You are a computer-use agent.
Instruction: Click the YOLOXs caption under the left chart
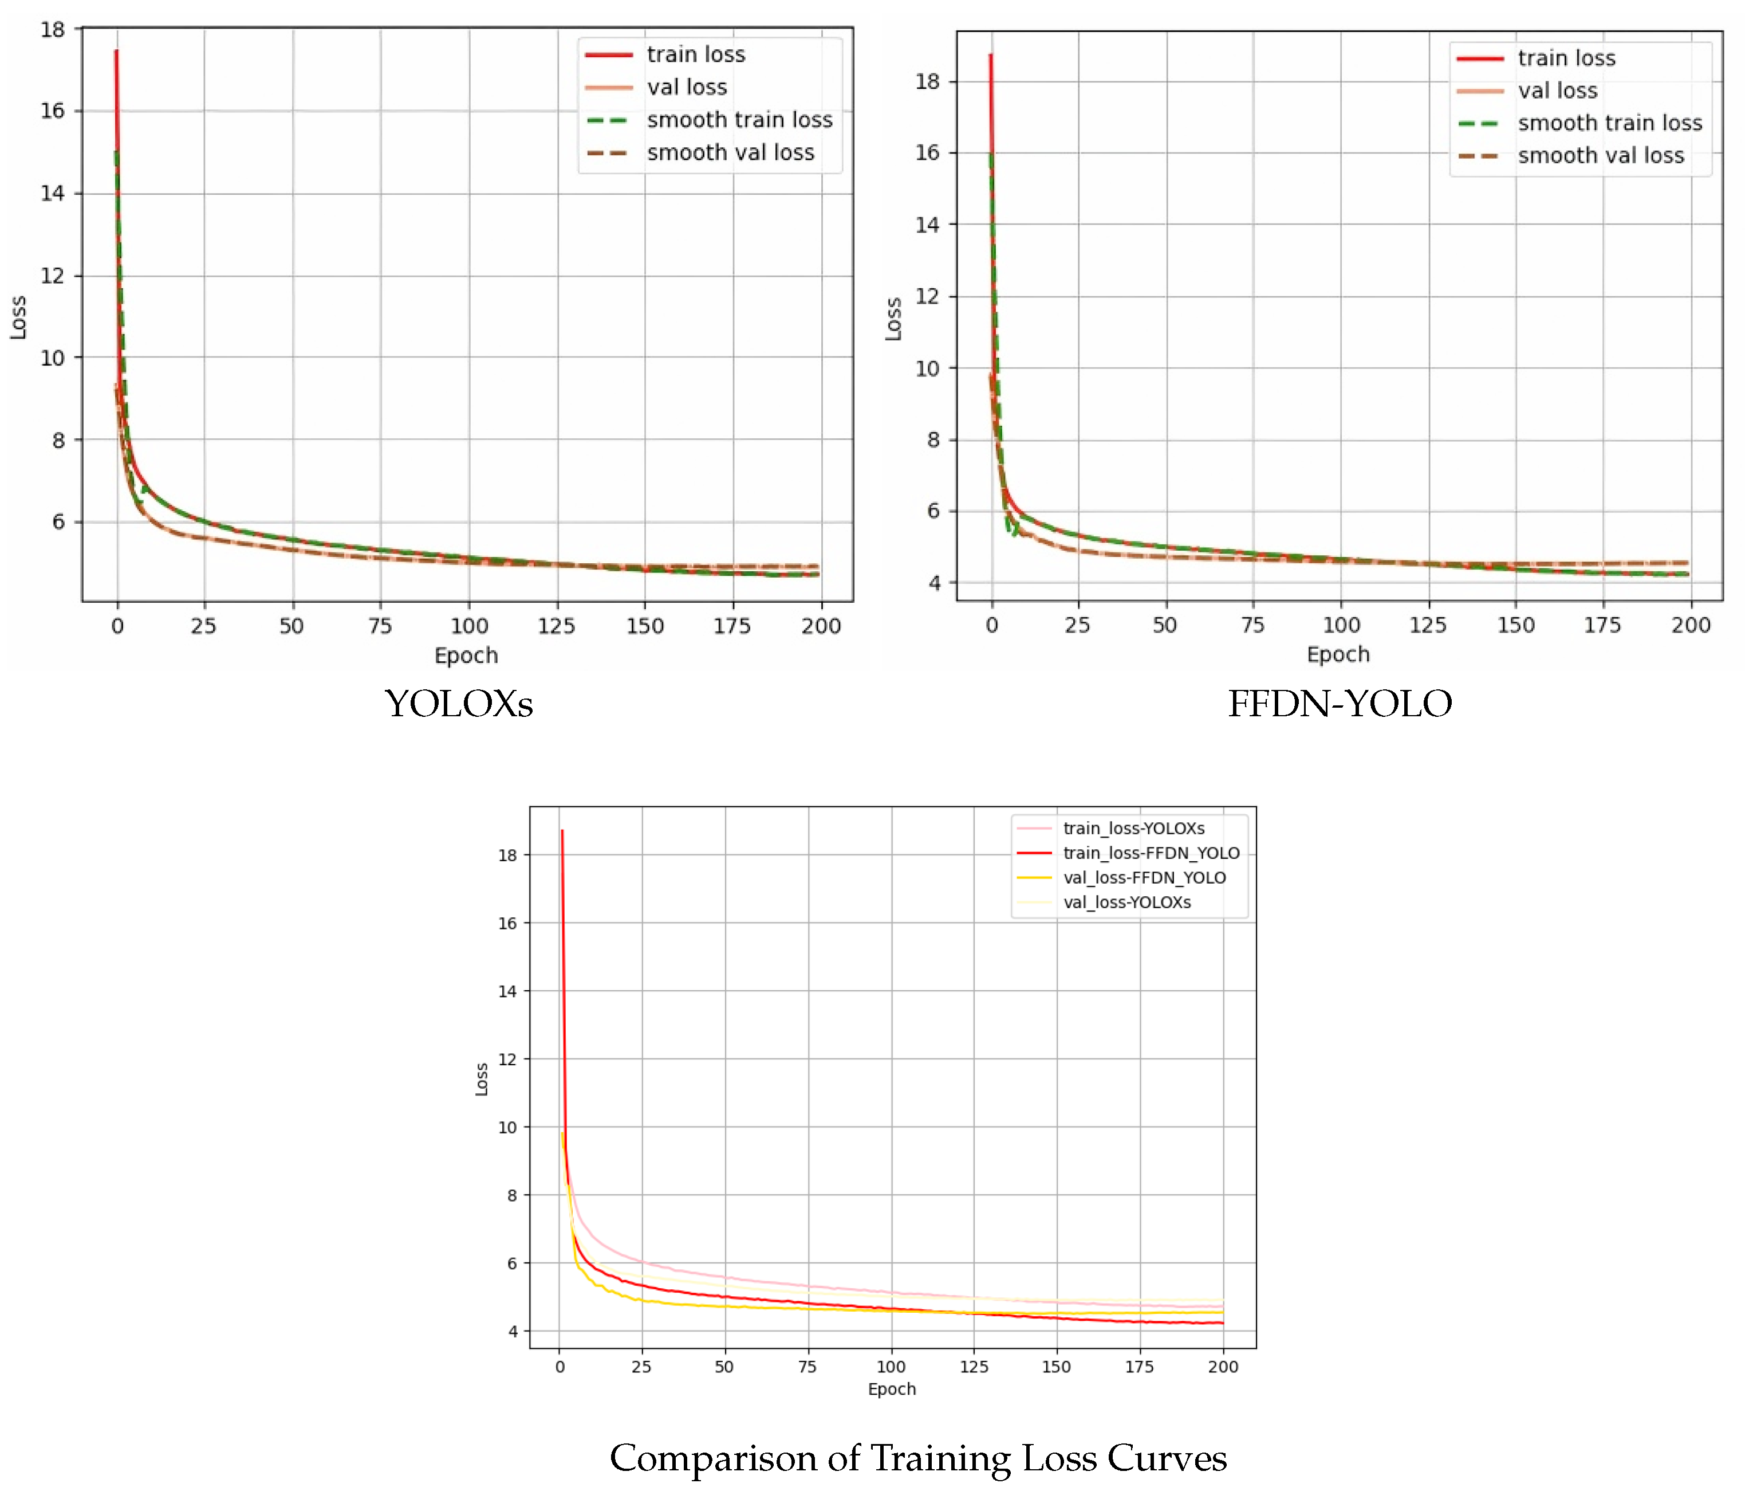pyautogui.click(x=458, y=704)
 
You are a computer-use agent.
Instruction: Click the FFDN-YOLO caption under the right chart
pyautogui.click(x=1340, y=704)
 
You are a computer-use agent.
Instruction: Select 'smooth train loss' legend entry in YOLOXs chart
pyautogui.click(x=739, y=120)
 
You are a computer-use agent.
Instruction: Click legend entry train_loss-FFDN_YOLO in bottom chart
pyautogui.click(x=1151, y=853)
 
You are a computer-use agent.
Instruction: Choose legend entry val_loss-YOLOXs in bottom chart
pyautogui.click(x=1126, y=902)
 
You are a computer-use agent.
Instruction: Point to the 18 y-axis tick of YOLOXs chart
pyautogui.click(x=53, y=30)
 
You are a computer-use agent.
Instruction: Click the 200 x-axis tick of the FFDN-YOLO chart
pyautogui.click(x=1690, y=626)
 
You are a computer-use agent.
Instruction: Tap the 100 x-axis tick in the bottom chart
pyautogui.click(x=891, y=1366)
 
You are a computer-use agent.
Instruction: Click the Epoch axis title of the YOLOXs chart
pyautogui.click(x=466, y=655)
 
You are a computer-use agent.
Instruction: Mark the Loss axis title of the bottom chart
pyautogui.click(x=481, y=1079)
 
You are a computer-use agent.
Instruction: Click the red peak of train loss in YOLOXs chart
pyautogui.click(x=116, y=53)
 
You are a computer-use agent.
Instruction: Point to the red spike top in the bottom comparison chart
pyautogui.click(x=562, y=832)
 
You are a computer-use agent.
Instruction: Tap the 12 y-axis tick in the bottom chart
pyautogui.click(x=507, y=1060)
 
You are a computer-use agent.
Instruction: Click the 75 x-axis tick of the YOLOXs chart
pyautogui.click(x=380, y=626)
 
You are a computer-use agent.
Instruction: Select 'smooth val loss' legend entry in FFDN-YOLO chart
pyautogui.click(x=1600, y=156)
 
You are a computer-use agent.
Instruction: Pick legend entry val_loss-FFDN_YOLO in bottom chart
pyautogui.click(x=1144, y=877)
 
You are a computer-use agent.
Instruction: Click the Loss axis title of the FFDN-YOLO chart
pyautogui.click(x=893, y=320)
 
